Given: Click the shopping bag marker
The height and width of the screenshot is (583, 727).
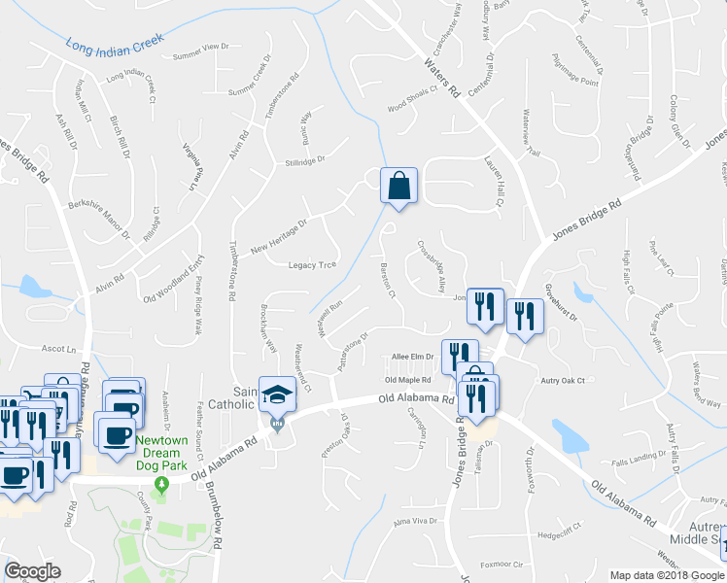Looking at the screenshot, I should click(x=398, y=186).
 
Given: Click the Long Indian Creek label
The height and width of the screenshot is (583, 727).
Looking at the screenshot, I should click(x=115, y=42).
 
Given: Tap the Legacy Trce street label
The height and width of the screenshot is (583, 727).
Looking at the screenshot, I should click(x=312, y=265).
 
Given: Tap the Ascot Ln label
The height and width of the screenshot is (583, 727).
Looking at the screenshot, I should click(x=58, y=348).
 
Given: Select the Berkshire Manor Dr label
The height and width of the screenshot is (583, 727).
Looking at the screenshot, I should click(x=98, y=220).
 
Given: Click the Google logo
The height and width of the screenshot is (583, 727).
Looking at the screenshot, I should click(x=33, y=570).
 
